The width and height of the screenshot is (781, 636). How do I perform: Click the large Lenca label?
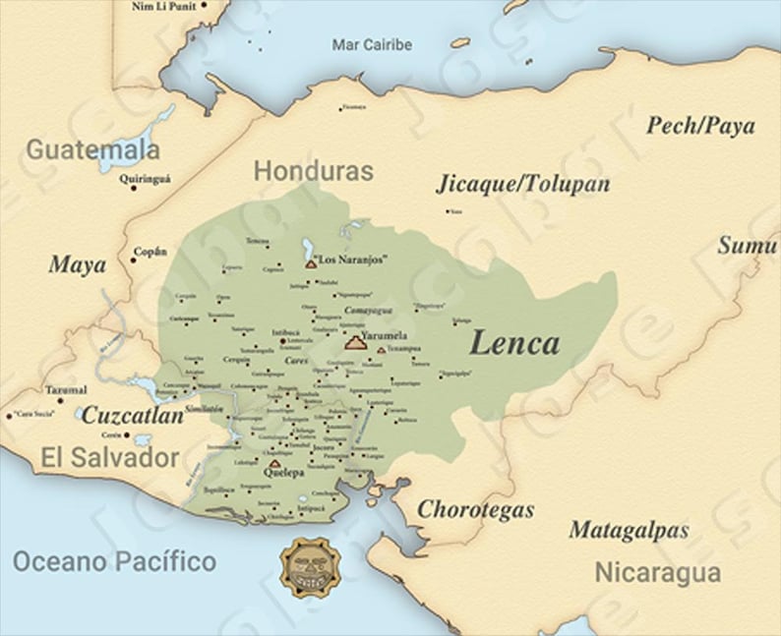(x=514, y=343)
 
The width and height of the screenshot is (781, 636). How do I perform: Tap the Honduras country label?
(x=314, y=171)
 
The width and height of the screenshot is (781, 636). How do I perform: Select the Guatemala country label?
(x=92, y=149)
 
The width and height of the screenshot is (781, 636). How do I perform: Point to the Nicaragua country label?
(x=657, y=572)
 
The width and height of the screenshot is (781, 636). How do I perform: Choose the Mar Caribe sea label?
(x=372, y=45)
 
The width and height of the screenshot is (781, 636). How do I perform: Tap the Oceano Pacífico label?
(x=114, y=562)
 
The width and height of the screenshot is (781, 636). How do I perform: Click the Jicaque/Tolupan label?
(x=522, y=184)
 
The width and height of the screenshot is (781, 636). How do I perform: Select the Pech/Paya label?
(x=700, y=126)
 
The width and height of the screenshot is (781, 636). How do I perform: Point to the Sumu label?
(x=747, y=246)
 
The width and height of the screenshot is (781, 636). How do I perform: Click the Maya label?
(x=77, y=265)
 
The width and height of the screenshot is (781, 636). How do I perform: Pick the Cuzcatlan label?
(x=132, y=416)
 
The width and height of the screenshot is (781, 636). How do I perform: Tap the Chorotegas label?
(x=476, y=509)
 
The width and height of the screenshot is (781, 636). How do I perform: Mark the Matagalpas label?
(x=629, y=531)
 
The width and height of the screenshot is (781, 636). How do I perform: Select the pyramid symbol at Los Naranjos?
(x=311, y=263)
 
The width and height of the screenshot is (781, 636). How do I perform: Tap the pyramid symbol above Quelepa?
(x=273, y=462)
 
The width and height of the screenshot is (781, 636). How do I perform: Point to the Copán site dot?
(x=133, y=260)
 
